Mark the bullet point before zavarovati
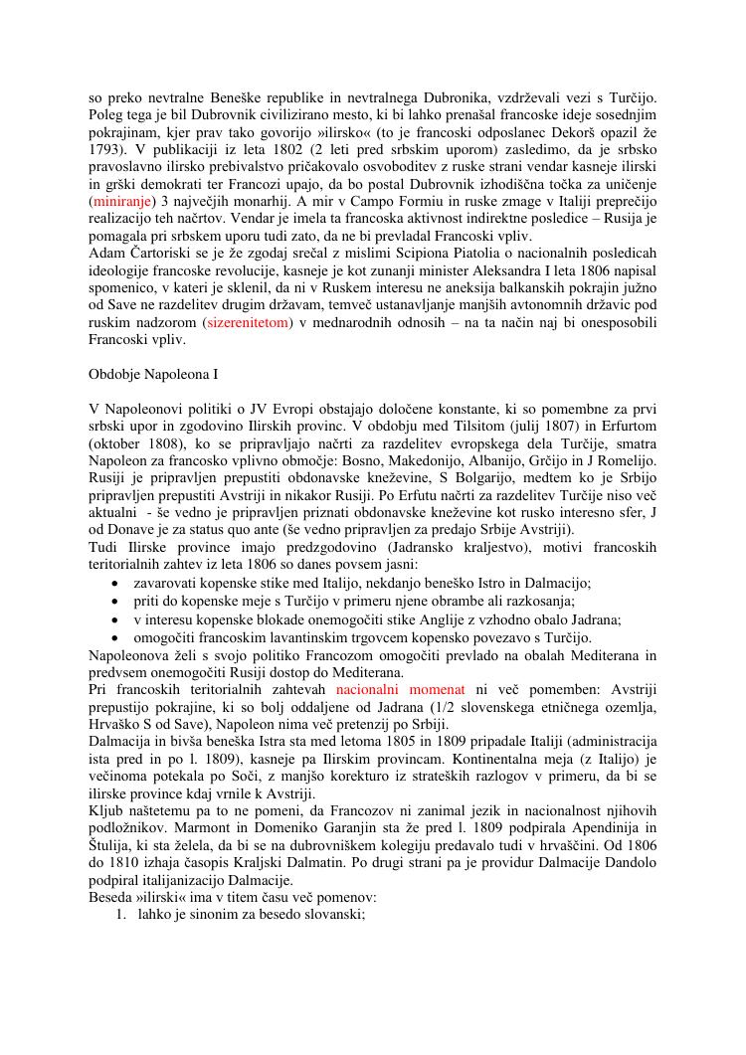coord(118,584)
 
